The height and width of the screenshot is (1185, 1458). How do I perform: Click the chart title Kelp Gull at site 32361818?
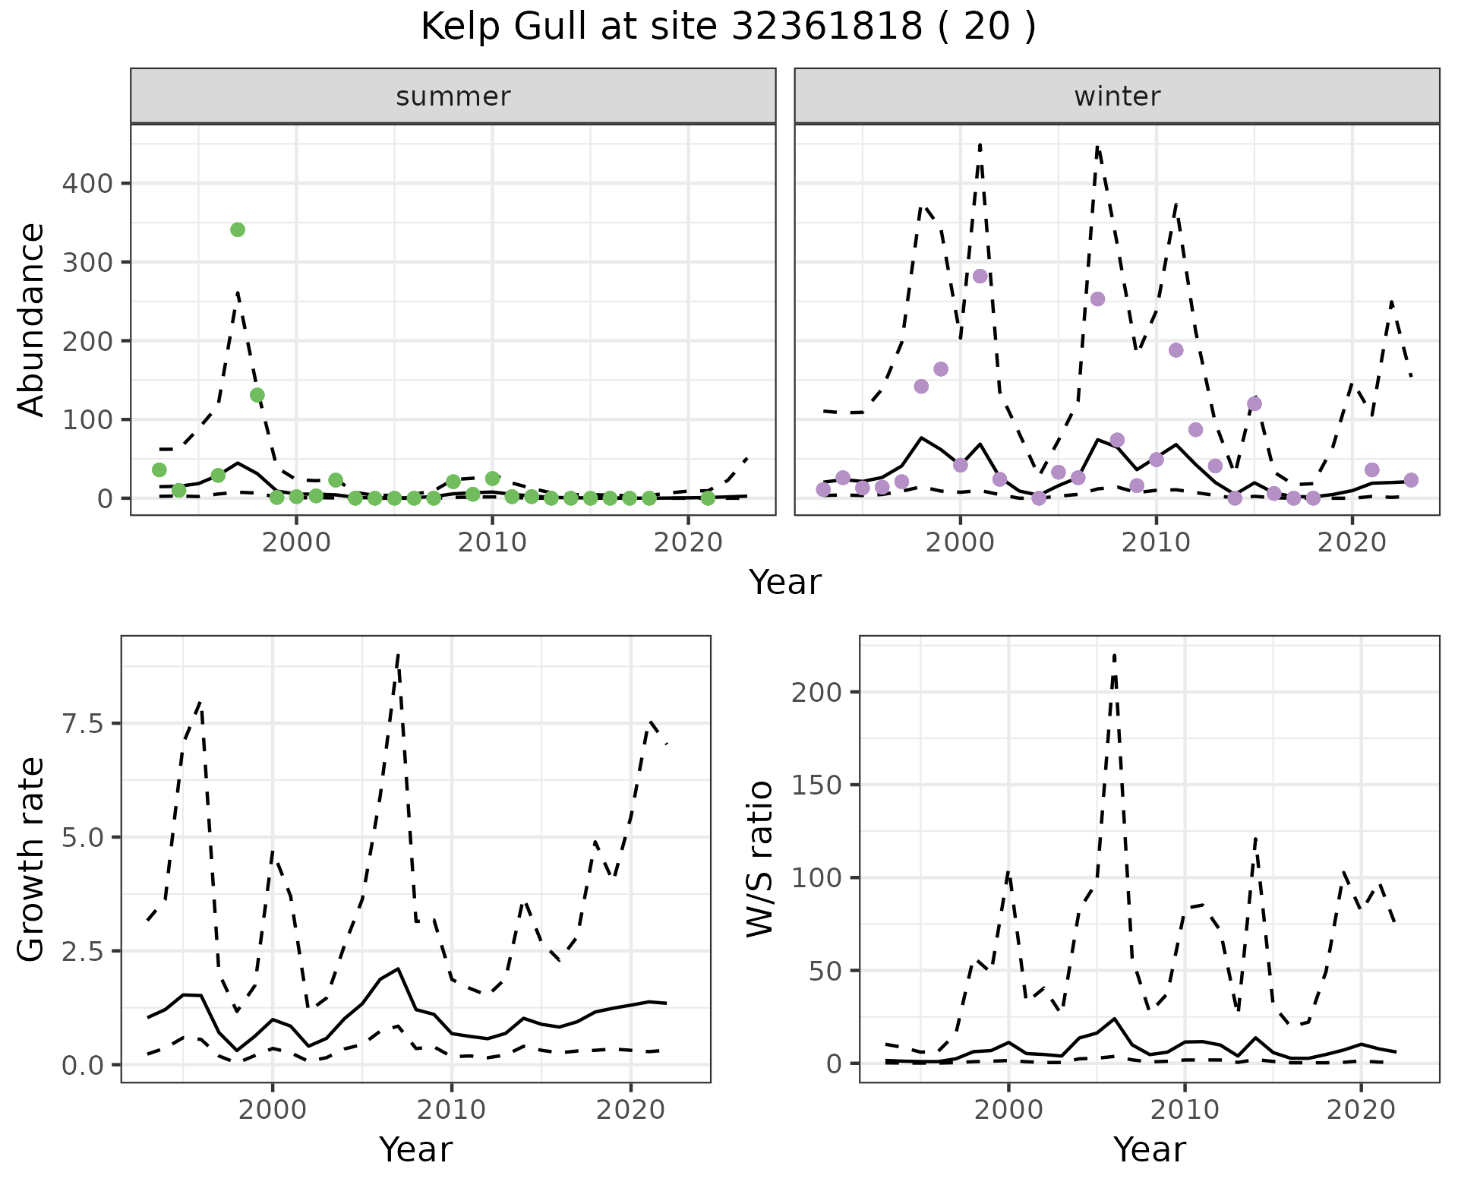pos(727,27)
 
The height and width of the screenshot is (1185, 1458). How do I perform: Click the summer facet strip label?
pos(453,96)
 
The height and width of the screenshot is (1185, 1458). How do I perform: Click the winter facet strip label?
pos(1117,96)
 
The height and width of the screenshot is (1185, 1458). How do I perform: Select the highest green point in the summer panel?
pos(238,229)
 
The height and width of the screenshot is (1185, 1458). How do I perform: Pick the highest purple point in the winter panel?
pos(980,276)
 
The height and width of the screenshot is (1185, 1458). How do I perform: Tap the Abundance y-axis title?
pos(32,320)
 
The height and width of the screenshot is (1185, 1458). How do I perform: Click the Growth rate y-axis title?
pos(32,859)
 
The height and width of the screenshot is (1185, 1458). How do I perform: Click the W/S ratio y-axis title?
pos(759,859)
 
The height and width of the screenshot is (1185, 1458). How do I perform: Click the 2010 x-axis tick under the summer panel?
pos(492,542)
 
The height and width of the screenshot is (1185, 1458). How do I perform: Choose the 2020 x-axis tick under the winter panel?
pos(1352,542)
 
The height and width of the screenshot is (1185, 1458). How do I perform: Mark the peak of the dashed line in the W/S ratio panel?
pos(1114,654)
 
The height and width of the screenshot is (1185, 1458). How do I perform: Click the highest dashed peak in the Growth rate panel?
pos(398,654)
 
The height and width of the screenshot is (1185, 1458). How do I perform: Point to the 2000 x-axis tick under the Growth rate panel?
pos(273,1110)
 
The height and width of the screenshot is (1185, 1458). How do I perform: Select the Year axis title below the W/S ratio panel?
pos(1150,1149)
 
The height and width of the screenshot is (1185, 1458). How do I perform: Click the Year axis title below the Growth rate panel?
pos(416,1149)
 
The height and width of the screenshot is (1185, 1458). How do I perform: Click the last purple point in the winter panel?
pos(1411,480)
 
